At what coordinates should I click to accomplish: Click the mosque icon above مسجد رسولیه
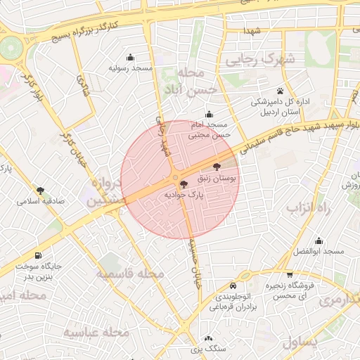click(x=130, y=58)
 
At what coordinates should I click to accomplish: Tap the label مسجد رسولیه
click(x=131, y=69)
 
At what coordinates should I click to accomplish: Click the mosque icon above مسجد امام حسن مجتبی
click(x=208, y=115)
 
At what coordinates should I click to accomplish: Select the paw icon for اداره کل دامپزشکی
click(x=280, y=91)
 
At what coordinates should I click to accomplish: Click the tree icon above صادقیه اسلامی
click(x=41, y=190)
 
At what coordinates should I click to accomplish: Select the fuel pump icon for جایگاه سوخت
click(x=37, y=255)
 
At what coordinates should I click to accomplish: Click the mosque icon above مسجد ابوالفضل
click(x=319, y=240)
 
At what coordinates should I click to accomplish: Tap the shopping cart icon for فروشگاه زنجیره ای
click(x=289, y=275)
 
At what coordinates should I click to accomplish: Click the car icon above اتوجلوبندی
click(x=233, y=286)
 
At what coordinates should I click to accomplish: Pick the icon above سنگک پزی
click(x=198, y=337)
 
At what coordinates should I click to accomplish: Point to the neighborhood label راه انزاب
click(x=304, y=208)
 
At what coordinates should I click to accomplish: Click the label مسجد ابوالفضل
click(x=319, y=252)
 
